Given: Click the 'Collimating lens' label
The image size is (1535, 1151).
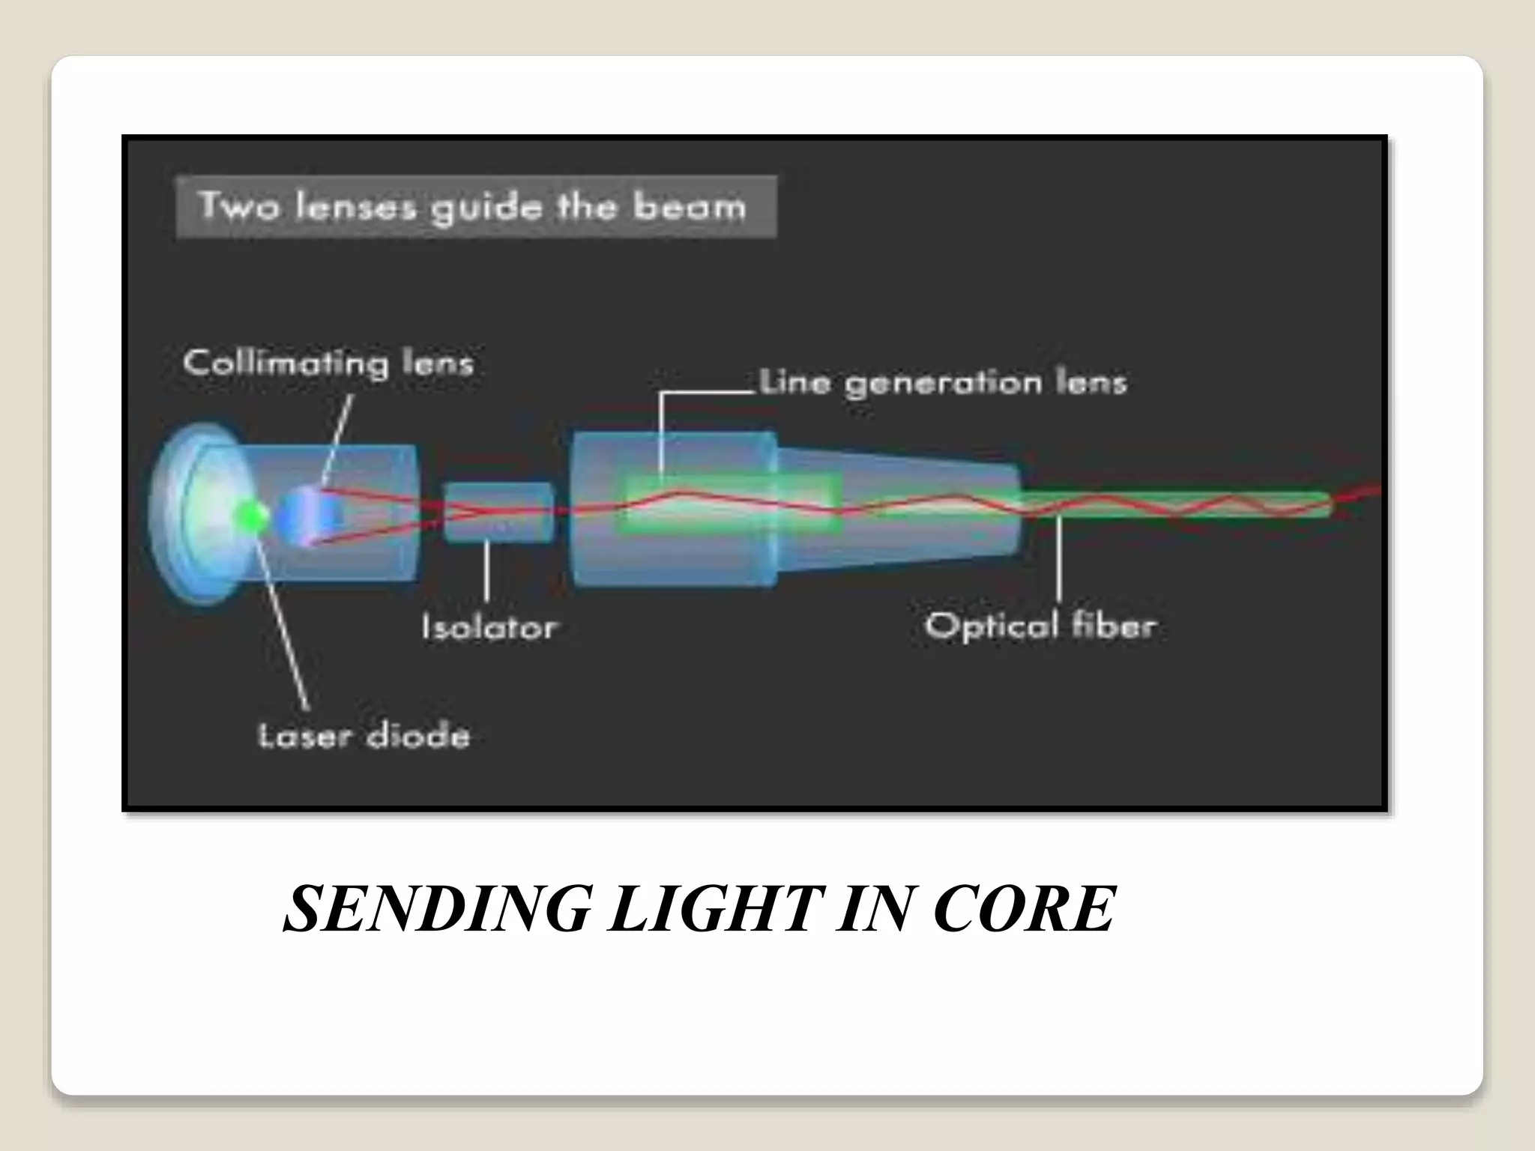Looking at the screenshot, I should (x=328, y=364).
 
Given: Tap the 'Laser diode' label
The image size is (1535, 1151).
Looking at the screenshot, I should (x=364, y=735).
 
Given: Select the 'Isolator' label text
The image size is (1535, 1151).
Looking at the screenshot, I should (x=489, y=626).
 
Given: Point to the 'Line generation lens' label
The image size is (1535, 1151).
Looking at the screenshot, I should (x=943, y=383).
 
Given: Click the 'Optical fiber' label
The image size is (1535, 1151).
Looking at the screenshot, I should (x=1040, y=625).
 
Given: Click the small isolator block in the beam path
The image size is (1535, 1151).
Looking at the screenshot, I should (x=498, y=513).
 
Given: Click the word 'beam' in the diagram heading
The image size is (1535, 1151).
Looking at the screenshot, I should (x=690, y=207).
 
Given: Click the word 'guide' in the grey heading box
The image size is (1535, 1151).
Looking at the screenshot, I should (x=485, y=208).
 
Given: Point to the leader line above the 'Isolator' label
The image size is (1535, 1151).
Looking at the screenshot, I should (x=487, y=571).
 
